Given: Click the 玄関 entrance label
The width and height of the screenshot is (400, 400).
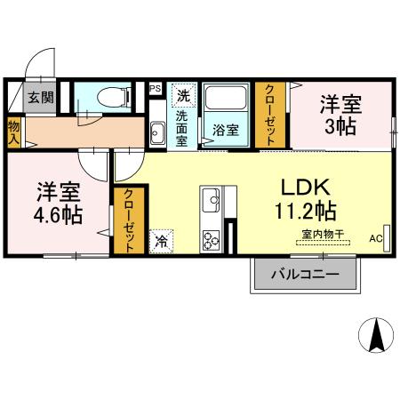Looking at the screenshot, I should [38, 97].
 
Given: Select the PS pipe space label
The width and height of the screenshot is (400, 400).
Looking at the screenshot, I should [155, 89].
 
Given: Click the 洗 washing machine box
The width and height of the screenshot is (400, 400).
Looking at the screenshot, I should [183, 93].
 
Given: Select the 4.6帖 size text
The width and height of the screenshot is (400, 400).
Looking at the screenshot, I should [60, 213].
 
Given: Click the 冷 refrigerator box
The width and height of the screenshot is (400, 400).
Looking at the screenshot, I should [162, 240].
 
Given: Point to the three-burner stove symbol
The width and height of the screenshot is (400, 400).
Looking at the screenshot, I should [212, 240].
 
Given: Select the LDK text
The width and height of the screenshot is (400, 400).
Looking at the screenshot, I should [306, 188].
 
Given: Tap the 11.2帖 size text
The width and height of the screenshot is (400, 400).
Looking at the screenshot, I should [306, 212].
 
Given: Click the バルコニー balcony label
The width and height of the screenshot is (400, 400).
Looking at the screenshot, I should [305, 275].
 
